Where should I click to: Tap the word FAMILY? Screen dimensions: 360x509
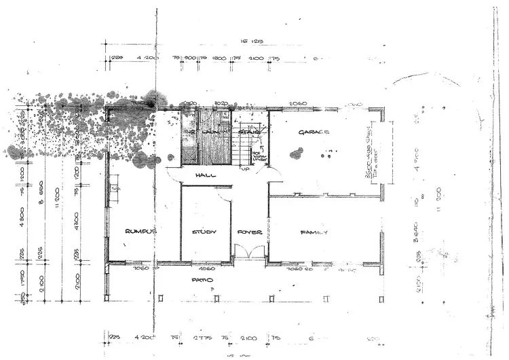[314, 232]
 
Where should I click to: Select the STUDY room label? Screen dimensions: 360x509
[204, 232]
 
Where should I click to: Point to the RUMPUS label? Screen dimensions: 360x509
[141, 232]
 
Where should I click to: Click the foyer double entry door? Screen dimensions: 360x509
[249, 255]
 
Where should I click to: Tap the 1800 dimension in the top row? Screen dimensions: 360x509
[219, 59]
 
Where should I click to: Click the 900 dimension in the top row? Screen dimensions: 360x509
[191, 59]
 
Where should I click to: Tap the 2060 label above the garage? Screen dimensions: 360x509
[299, 104]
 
